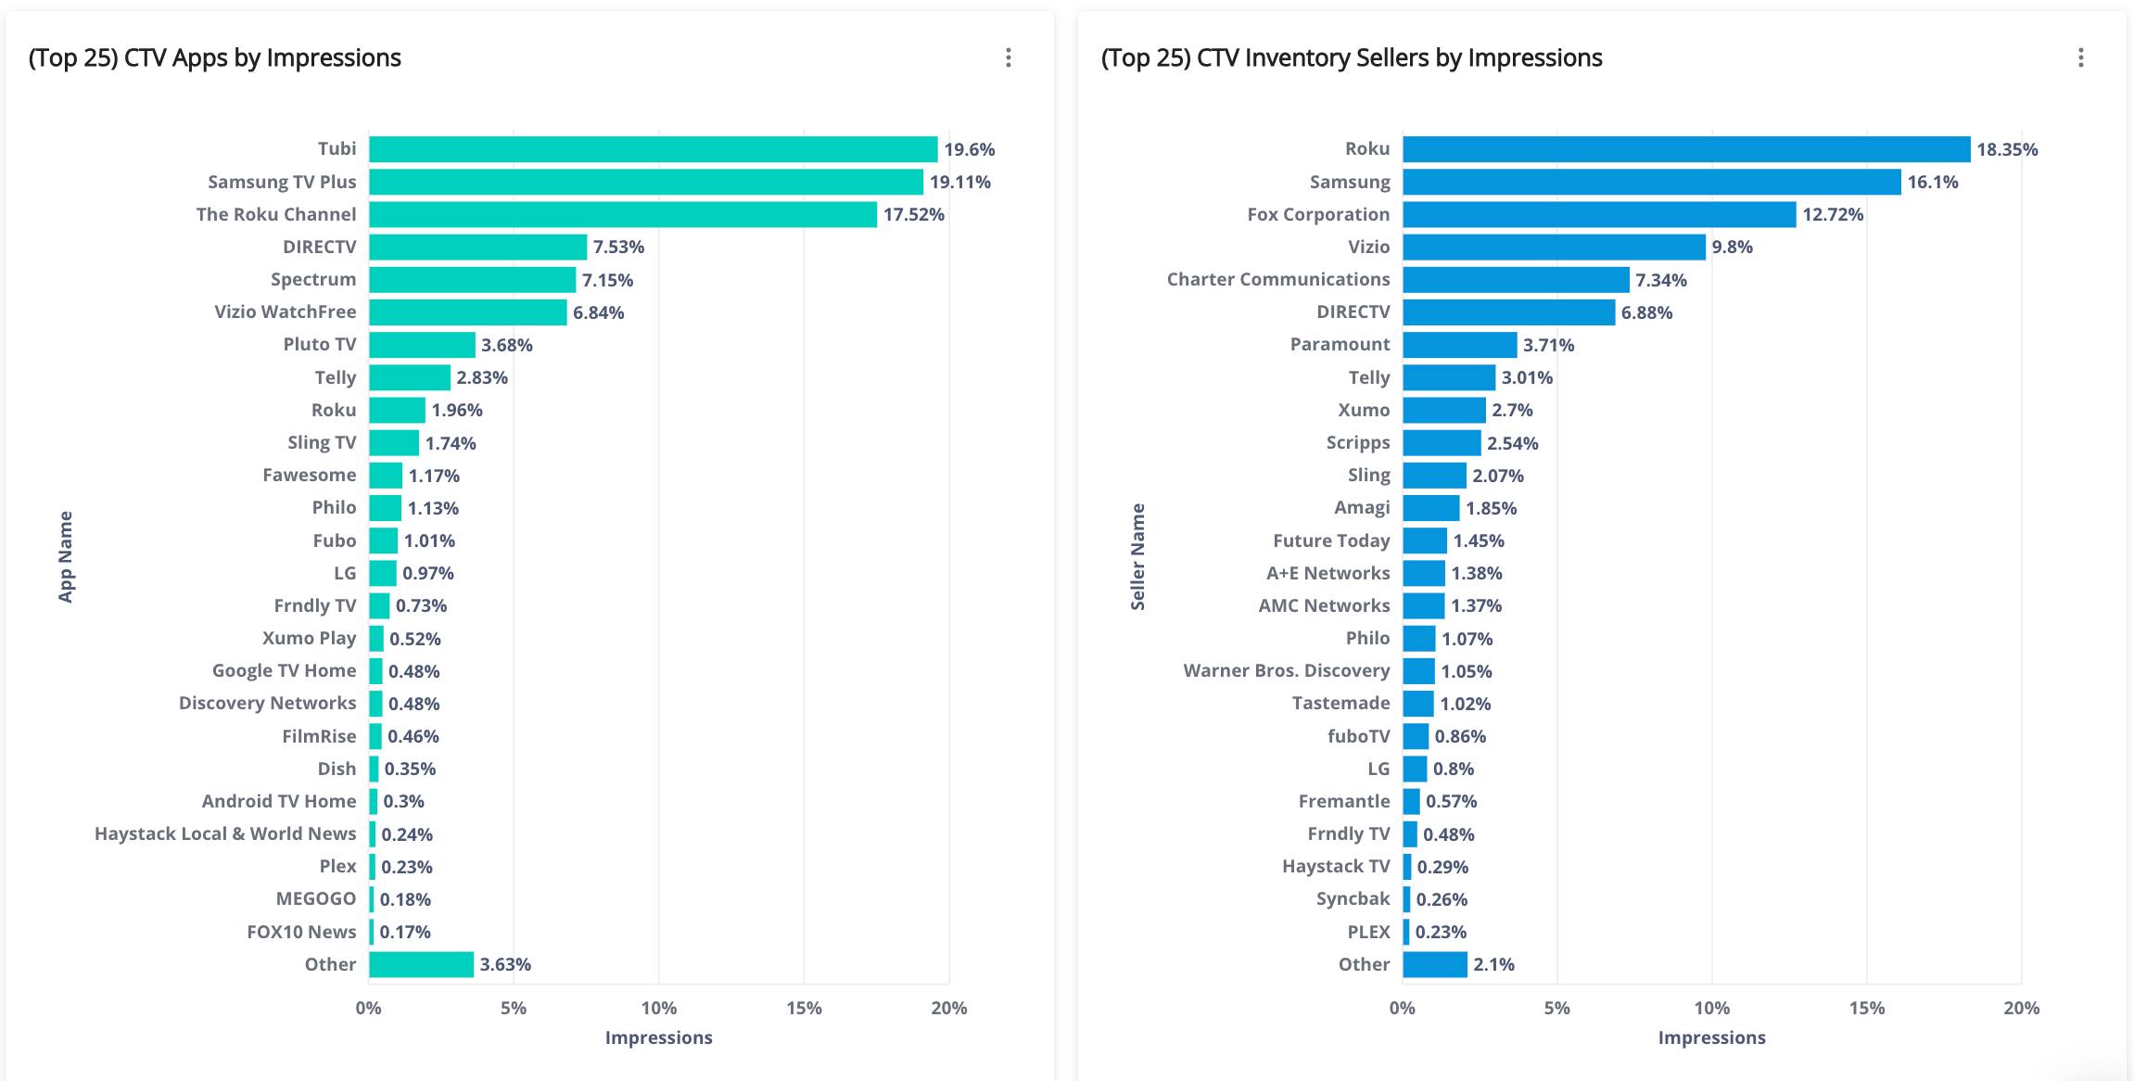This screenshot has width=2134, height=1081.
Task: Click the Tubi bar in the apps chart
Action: click(x=653, y=149)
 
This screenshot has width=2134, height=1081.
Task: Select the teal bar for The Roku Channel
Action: click(x=622, y=214)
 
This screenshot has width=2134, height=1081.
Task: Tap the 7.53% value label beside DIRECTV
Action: click(x=618, y=248)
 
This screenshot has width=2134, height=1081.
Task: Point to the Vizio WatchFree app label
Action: click(x=285, y=312)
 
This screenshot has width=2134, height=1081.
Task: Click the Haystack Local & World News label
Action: click(x=225, y=833)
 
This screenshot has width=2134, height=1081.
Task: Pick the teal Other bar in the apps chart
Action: click(x=421, y=964)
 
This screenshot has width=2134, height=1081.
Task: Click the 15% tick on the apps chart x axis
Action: click(x=804, y=1008)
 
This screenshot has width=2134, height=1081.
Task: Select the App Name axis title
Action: click(x=66, y=556)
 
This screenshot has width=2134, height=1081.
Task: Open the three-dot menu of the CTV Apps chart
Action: click(x=1009, y=57)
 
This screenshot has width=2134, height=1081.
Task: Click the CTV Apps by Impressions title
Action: click(x=215, y=57)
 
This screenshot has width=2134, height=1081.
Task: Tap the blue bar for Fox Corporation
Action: click(x=1599, y=214)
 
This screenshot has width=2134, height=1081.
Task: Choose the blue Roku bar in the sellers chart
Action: click(x=1686, y=149)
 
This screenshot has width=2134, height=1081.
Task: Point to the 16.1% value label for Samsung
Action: click(x=1932, y=183)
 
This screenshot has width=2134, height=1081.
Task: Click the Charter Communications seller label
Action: click(x=1278, y=279)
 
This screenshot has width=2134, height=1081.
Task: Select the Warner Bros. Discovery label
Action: click(x=1287, y=670)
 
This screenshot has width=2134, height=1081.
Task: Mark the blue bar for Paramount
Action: click(x=1460, y=345)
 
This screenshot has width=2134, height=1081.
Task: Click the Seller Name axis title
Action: click(x=1137, y=556)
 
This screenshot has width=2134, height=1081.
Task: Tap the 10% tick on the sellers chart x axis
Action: click(x=1711, y=1008)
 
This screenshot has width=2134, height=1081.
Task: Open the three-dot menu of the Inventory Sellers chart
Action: click(x=2081, y=57)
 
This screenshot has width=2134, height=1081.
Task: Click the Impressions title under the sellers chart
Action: click(x=1711, y=1037)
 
